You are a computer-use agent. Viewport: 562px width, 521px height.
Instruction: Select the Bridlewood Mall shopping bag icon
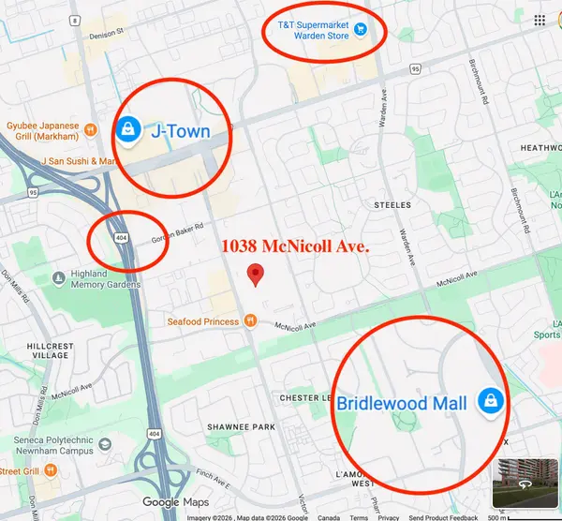tap(488, 401)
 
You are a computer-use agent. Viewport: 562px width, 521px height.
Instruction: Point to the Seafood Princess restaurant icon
tap(250, 320)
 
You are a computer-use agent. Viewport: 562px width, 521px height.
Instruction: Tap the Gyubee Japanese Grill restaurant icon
tap(92, 127)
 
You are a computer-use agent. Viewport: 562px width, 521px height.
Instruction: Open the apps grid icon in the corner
tap(540, 21)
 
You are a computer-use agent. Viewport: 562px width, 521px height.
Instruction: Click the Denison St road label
tap(107, 32)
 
